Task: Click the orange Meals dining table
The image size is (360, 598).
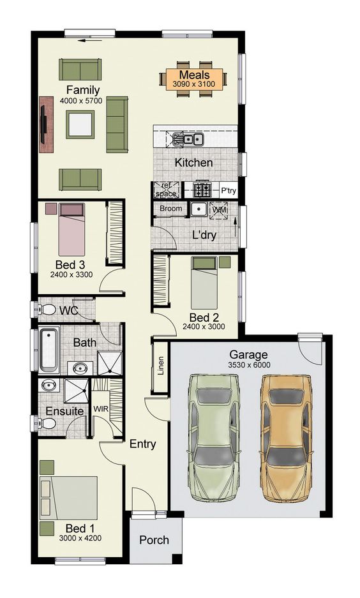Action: pyautogui.click(x=194, y=79)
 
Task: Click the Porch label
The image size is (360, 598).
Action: pyautogui.click(x=154, y=540)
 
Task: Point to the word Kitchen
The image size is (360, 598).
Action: pyautogui.click(x=193, y=163)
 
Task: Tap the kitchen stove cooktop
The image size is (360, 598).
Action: pyautogui.click(x=202, y=190)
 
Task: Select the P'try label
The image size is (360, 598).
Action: pyautogui.click(x=228, y=190)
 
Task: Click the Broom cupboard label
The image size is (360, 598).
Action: pyautogui.click(x=170, y=209)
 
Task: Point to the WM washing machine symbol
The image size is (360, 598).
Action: pyautogui.click(x=219, y=209)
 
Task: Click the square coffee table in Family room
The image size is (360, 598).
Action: pyautogui.click(x=81, y=123)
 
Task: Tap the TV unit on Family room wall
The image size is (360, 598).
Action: pyautogui.click(x=45, y=124)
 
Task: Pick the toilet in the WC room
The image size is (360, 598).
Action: pyautogui.click(x=47, y=310)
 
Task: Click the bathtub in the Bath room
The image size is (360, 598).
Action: pyautogui.click(x=49, y=349)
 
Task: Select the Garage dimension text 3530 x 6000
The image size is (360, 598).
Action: pyautogui.click(x=248, y=365)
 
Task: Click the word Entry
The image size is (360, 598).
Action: pyautogui.click(x=142, y=444)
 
